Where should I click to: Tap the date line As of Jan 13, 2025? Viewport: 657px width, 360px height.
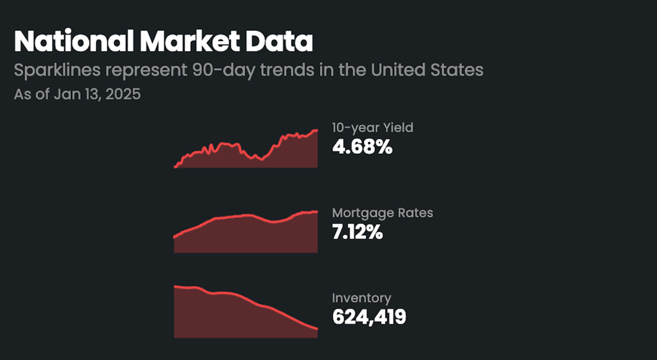coord(77,94)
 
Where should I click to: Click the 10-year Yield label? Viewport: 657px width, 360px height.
coord(372,127)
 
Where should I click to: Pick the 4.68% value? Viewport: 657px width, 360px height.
coord(362,147)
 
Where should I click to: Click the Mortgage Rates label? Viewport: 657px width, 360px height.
coord(382,213)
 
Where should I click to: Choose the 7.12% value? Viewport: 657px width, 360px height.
coord(357,232)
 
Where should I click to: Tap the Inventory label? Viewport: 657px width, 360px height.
coord(361,298)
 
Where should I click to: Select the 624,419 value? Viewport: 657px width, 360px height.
coord(369,317)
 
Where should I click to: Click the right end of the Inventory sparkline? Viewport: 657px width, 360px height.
coord(317,328)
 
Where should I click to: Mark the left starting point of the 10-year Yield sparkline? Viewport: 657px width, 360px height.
coord(175,167)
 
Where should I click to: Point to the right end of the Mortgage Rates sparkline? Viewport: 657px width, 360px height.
coord(317,211)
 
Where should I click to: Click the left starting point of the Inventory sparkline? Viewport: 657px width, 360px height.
coord(175,286)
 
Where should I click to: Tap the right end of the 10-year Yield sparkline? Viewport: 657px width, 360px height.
coord(317,130)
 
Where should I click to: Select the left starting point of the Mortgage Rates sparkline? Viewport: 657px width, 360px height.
coord(175,237)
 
